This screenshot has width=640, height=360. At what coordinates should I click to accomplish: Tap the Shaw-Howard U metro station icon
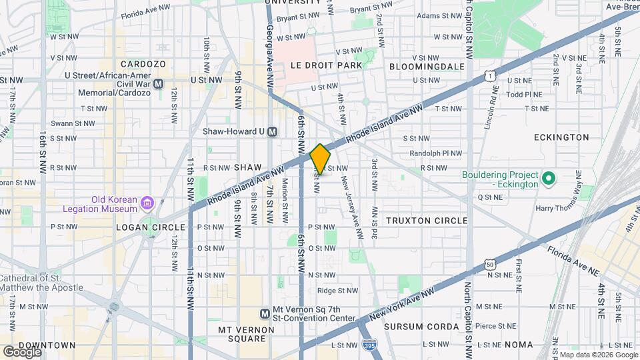coord(272,132)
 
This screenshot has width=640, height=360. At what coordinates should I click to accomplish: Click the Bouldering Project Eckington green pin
coord(548,178)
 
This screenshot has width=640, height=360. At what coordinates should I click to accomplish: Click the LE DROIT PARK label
coord(327,65)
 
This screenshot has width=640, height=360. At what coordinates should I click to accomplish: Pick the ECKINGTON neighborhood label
coord(561,137)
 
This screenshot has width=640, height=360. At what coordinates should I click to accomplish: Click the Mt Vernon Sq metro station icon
coord(265,313)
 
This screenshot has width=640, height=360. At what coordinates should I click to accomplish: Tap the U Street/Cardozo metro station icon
coord(159,84)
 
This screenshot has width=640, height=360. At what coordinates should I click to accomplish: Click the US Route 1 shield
coord(490,77)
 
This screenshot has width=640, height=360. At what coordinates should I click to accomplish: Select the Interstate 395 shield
coord(369,345)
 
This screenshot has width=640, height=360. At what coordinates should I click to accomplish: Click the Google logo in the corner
coord(22,351)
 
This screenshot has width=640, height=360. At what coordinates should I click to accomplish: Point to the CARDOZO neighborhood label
coord(143,64)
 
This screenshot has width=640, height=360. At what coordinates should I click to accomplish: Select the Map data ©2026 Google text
coord(597,355)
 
